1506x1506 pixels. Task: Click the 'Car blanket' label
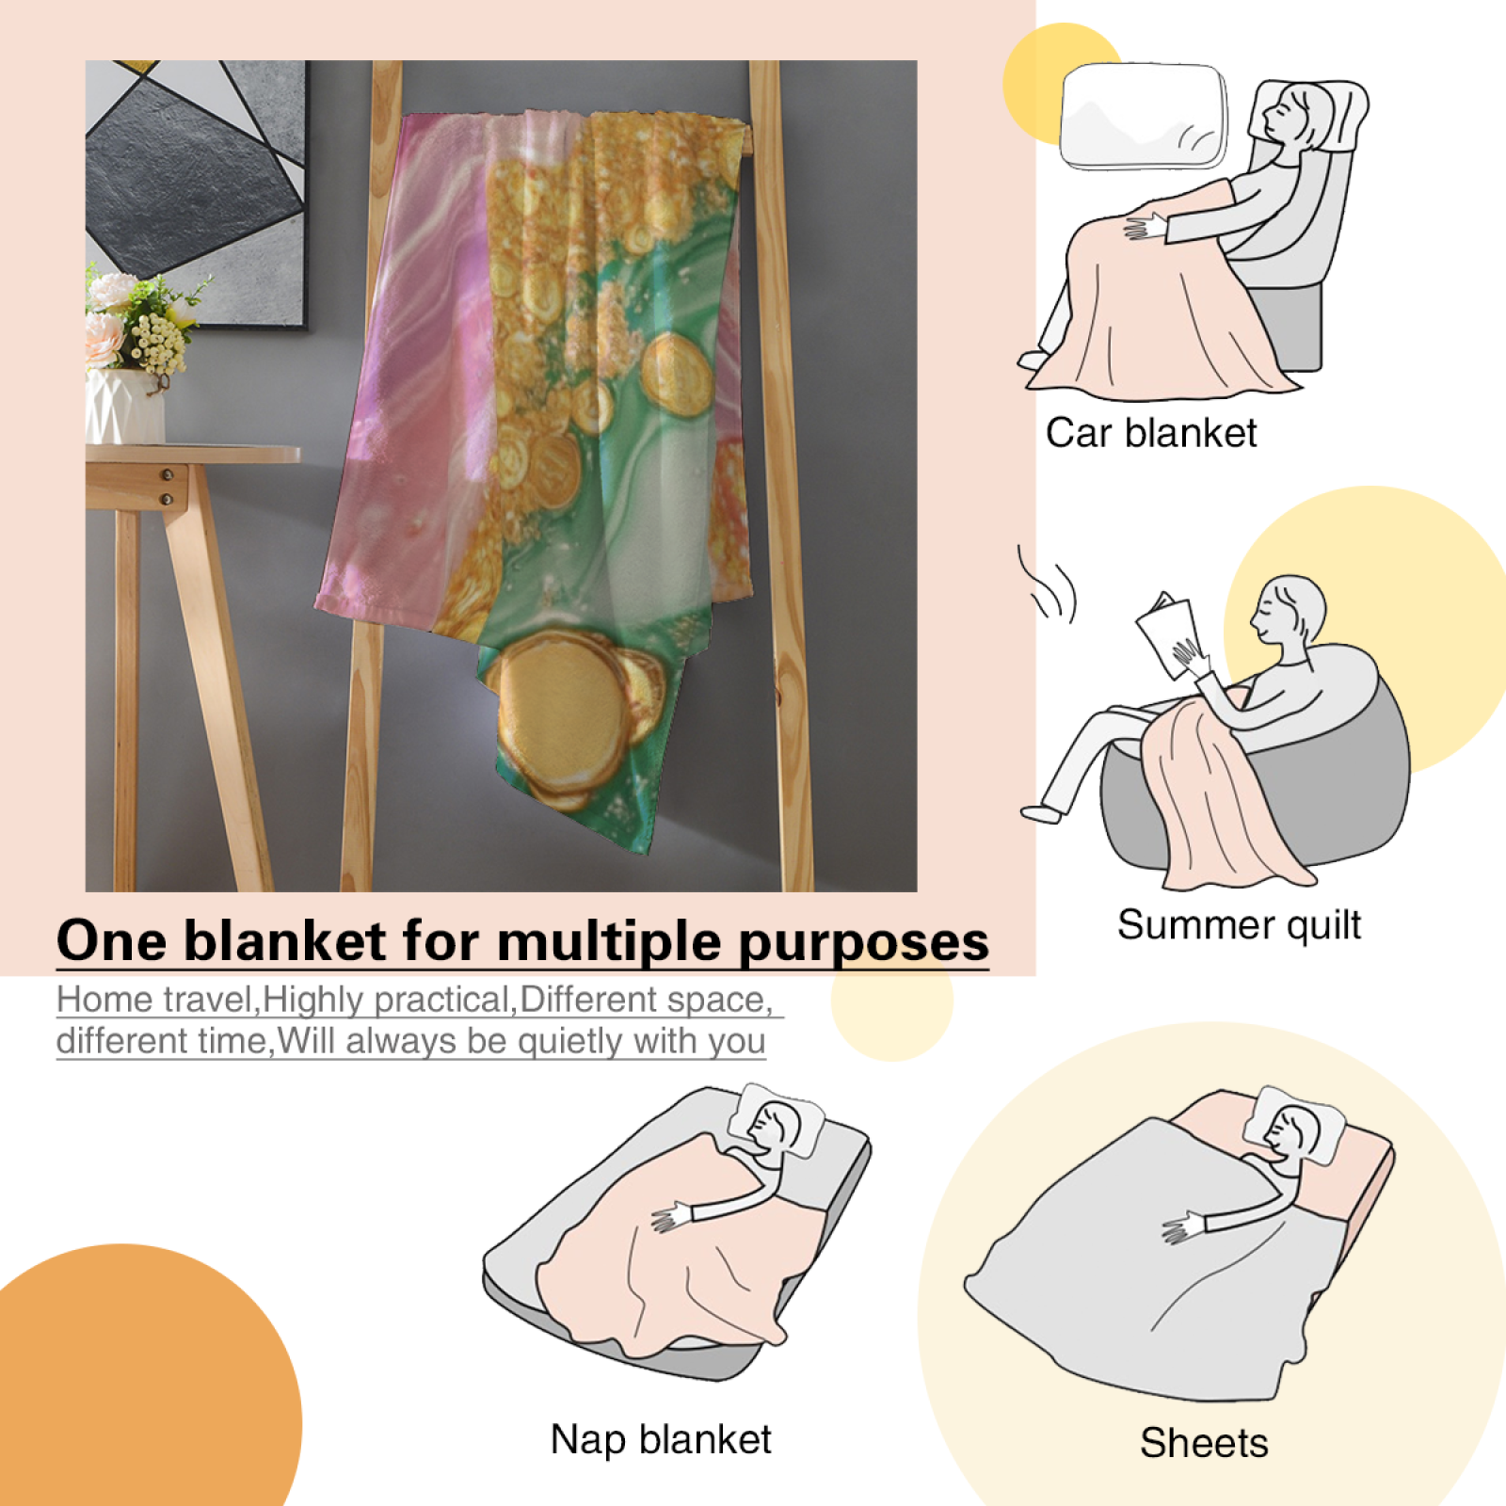[1151, 434]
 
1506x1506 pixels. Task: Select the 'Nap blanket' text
[661, 1439]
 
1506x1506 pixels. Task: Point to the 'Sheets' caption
[1204, 1443]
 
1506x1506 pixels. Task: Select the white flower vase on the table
[124, 406]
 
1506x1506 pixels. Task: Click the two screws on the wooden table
[168, 487]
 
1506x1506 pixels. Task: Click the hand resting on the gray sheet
[1183, 1227]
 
